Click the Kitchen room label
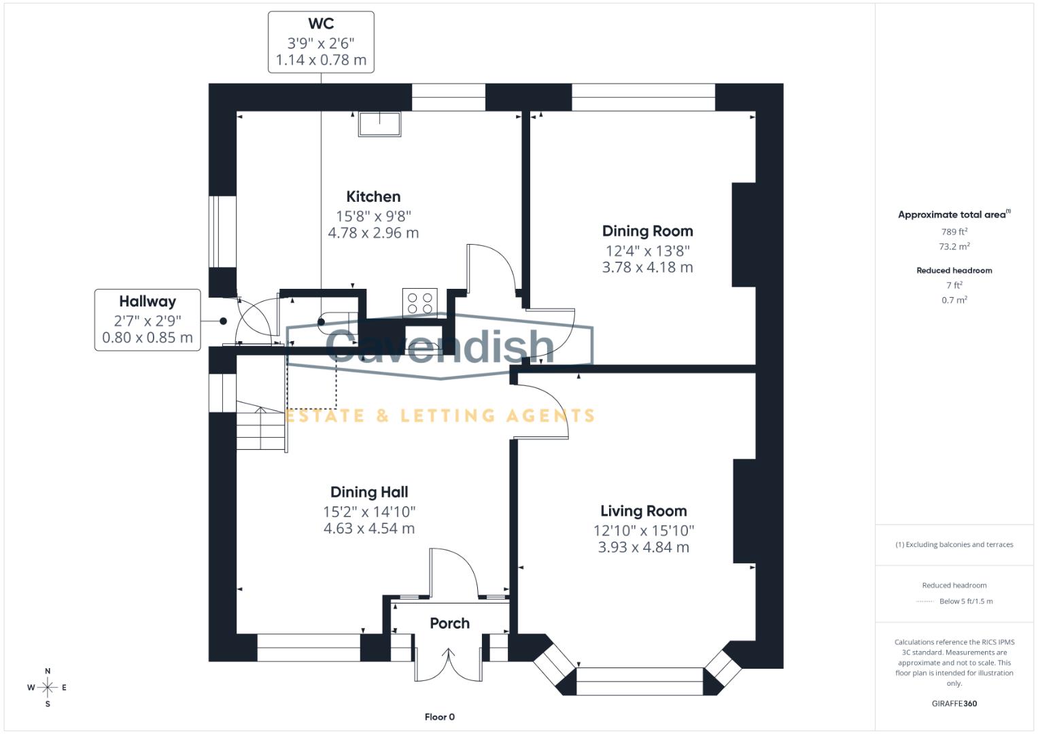pyautogui.click(x=373, y=197)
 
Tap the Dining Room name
pyautogui.click(x=647, y=231)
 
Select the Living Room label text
pyautogui.click(x=643, y=511)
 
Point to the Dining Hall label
pyautogui.click(x=369, y=492)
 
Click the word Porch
pyautogui.click(x=449, y=623)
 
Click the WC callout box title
pyautogui.click(x=321, y=24)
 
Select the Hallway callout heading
pyautogui.click(x=148, y=301)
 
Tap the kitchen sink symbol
pyautogui.click(x=379, y=124)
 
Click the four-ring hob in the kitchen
pyautogui.click(x=419, y=302)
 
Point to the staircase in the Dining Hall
pyautogui.click(x=260, y=426)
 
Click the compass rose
pyautogui.click(x=47, y=688)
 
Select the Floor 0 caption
pyautogui.click(x=440, y=717)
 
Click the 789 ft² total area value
pyautogui.click(x=954, y=232)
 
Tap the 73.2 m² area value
pyautogui.click(x=954, y=247)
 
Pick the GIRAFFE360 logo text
pyautogui.click(x=954, y=703)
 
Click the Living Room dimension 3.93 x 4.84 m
pyautogui.click(x=643, y=548)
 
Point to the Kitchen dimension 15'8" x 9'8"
pyautogui.click(x=373, y=216)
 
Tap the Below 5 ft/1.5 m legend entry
pyautogui.click(x=965, y=601)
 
